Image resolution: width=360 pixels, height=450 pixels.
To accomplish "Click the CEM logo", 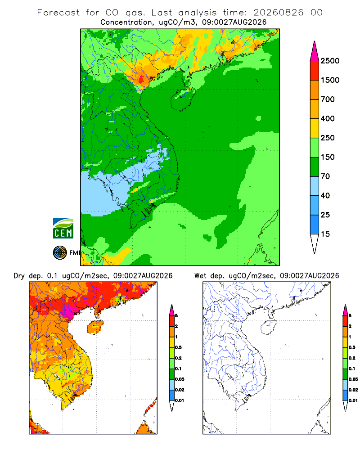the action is pos(63,229).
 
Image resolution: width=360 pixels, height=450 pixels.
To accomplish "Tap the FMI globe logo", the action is pos(60,253).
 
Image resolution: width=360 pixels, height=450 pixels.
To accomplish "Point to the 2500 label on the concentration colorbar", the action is pos(330,61).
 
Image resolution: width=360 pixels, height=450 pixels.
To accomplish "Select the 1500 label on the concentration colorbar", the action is pos(330,80).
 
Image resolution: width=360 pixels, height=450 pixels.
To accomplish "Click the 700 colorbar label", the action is pos(328,99).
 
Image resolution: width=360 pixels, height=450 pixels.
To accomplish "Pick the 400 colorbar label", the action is pos(328,118).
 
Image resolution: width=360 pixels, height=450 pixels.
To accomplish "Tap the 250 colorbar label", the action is pos(328,138).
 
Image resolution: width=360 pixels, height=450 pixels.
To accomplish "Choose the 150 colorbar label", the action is pos(328,157).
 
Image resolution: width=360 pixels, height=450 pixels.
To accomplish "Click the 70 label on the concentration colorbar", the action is pos(325,176).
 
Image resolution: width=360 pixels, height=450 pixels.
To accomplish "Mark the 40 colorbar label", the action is pos(325,195).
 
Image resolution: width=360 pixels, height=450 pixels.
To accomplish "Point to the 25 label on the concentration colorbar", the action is pos(325,215).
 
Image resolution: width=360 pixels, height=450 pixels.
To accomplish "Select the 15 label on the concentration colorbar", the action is pos(325,234).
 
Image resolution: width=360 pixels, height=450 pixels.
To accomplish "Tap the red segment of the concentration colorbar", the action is pos(315,71).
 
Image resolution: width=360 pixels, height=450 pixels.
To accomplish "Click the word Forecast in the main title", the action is pos(58,13).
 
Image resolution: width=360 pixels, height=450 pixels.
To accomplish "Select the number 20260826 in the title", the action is pos(278,13).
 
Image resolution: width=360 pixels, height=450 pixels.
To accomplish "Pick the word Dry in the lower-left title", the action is pos(19,276).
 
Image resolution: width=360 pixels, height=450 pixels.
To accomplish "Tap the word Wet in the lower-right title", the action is pos(200,275).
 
